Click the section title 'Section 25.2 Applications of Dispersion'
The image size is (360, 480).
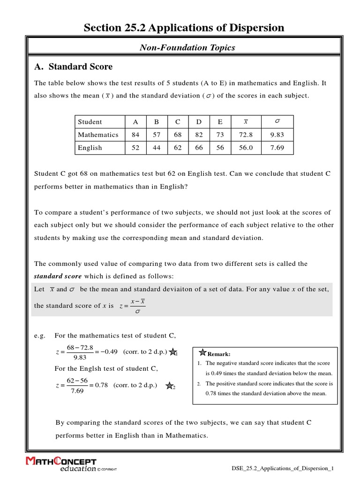(184, 28)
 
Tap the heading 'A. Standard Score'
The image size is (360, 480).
(74, 67)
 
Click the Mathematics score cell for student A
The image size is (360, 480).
(135, 135)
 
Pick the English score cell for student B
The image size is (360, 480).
(157, 148)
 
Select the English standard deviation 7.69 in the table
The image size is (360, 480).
(277, 148)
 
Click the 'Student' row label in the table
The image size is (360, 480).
(90, 122)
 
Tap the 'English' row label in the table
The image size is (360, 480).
(90, 148)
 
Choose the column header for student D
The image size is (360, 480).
(199, 122)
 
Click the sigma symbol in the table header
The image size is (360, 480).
(277, 121)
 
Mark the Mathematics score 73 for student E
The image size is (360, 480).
(220, 135)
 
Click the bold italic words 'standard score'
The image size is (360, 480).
(58, 276)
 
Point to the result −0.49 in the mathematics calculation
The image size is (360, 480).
(107, 352)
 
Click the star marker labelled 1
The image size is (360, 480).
(172, 352)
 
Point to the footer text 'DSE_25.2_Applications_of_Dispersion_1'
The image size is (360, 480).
(283, 468)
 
